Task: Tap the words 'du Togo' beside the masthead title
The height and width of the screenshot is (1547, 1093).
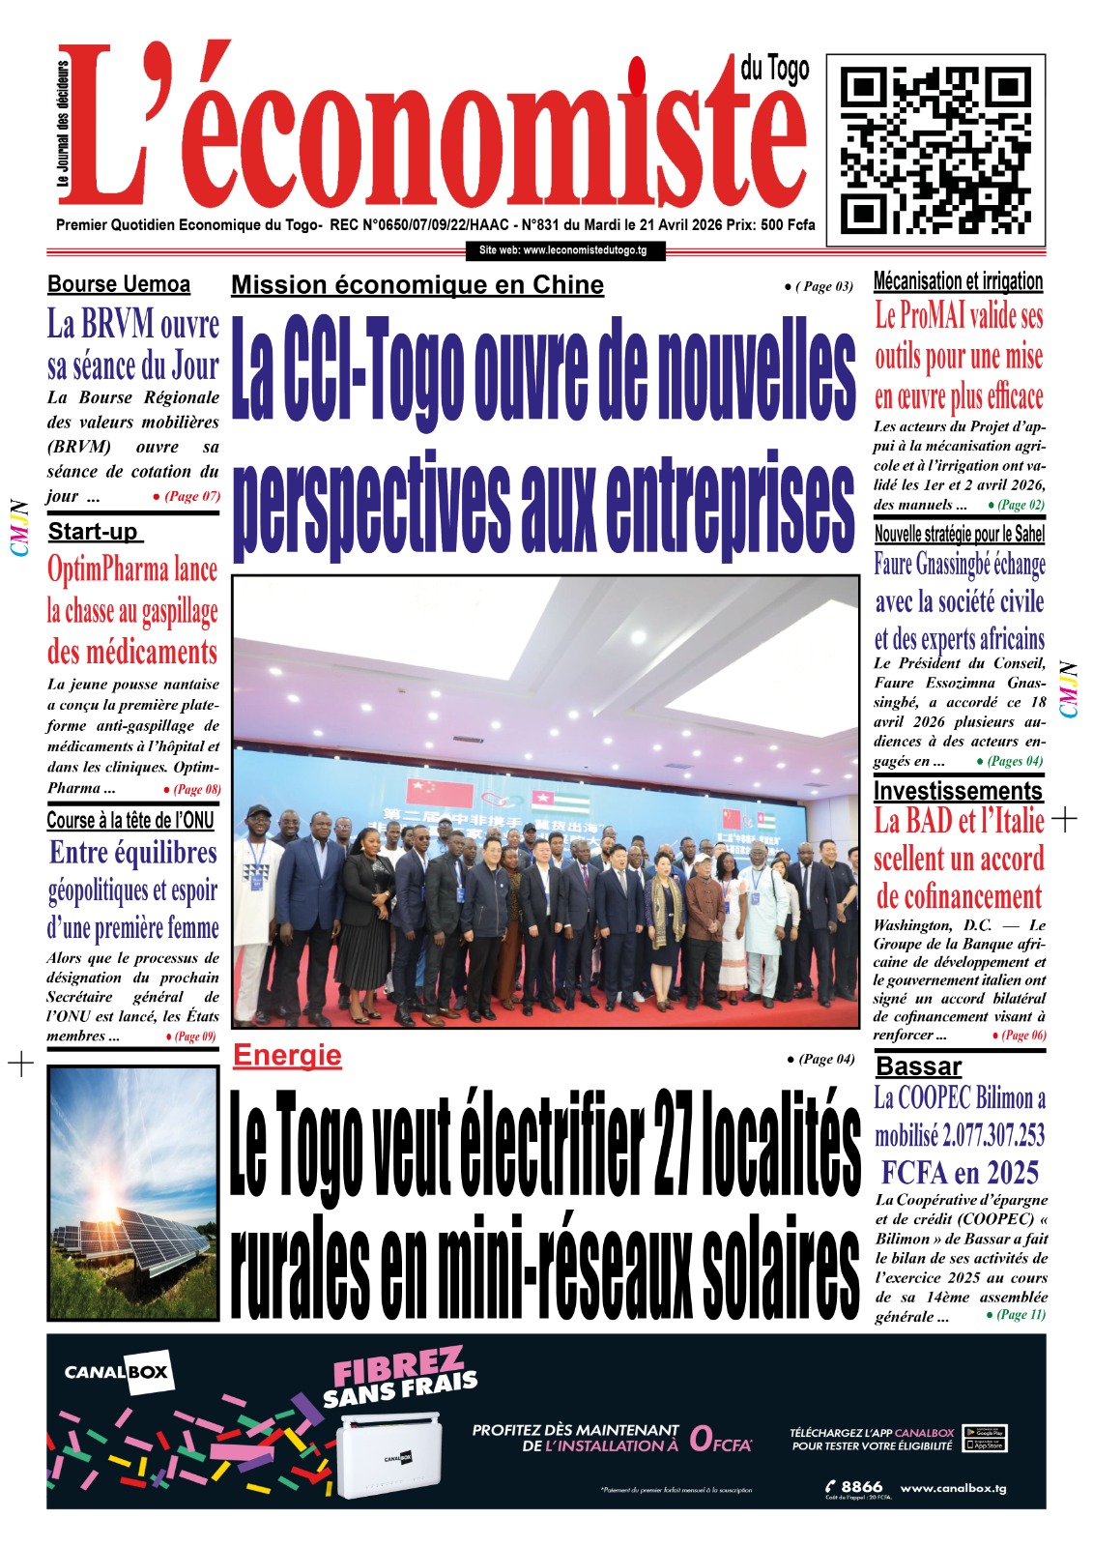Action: tap(775, 70)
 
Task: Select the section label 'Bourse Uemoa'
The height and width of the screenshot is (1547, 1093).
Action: tap(119, 284)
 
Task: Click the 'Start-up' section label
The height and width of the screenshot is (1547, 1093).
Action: tap(94, 531)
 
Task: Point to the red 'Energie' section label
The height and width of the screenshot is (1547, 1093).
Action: tap(287, 1055)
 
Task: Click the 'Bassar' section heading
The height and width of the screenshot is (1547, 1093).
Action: tap(918, 1066)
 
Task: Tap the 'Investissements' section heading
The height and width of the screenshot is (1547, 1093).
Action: tap(958, 790)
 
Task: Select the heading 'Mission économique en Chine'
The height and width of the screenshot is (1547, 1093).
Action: tap(417, 285)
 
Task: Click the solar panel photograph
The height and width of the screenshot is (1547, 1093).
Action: tap(133, 1192)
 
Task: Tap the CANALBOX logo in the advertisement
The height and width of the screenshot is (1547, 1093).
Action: tap(116, 1371)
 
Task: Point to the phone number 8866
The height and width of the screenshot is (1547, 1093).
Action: tap(861, 1487)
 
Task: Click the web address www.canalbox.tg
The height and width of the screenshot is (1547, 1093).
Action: tap(953, 1488)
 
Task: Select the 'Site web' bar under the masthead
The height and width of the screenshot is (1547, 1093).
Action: tap(563, 250)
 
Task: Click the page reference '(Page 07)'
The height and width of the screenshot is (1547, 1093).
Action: tap(192, 496)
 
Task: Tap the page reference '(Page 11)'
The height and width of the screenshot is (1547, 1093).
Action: tap(1021, 1314)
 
